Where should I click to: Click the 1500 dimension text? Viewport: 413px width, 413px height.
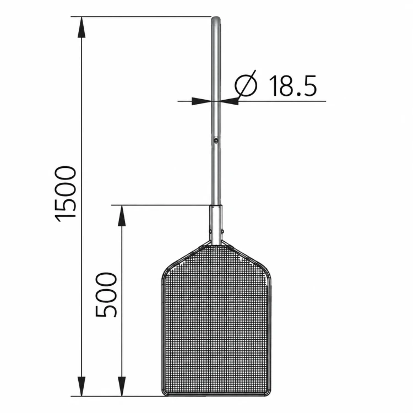point(66,194)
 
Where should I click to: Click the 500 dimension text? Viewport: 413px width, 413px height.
point(106,295)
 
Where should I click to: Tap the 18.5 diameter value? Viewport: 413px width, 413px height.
point(292,85)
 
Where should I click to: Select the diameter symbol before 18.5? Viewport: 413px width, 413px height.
point(246,85)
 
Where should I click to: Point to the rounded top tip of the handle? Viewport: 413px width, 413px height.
point(216,18)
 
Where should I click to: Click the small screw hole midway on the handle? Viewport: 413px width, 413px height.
point(216,140)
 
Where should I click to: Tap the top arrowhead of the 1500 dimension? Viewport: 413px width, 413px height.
point(81,27)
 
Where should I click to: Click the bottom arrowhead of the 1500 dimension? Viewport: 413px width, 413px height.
point(81,385)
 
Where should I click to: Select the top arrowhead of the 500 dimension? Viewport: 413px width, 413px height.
point(122,216)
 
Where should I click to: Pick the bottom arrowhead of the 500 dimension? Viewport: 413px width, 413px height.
point(122,385)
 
